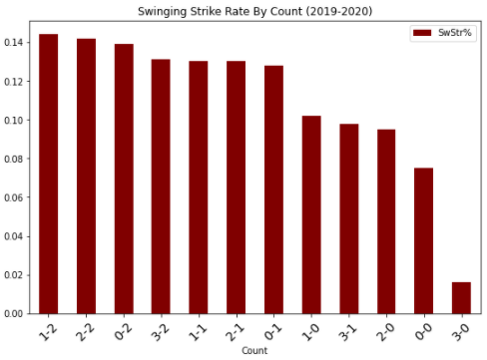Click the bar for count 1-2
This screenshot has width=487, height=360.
pyautogui.click(x=48, y=175)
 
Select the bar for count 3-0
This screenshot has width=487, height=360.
pyautogui.click(x=460, y=297)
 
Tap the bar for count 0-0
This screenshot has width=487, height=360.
pyautogui.click(x=423, y=240)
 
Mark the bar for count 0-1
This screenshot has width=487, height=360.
pyautogui.click(x=273, y=189)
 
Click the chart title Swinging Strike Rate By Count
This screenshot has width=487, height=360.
pyautogui.click(x=256, y=9)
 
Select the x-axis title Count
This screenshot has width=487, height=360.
pyautogui.click(x=254, y=352)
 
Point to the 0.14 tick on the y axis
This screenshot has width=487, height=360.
pyautogui.click(x=17, y=43)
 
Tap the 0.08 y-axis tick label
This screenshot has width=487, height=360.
pyautogui.click(x=17, y=159)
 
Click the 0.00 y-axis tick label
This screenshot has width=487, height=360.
pyautogui.click(x=17, y=313)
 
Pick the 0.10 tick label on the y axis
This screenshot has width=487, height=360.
pyautogui.click(x=17, y=121)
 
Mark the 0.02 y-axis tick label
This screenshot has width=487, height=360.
pyautogui.click(x=17, y=275)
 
